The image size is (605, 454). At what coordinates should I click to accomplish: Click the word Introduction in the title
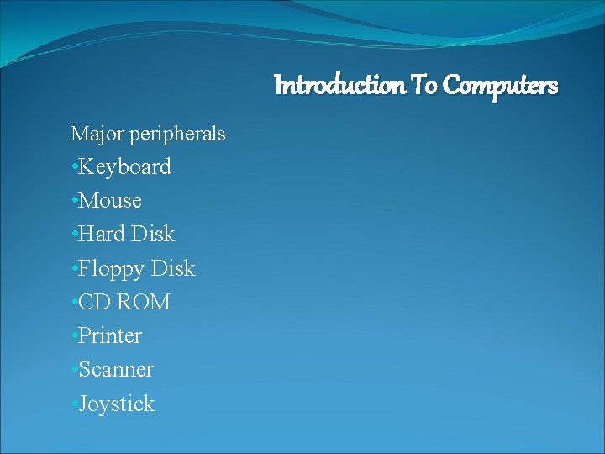[x=340, y=85]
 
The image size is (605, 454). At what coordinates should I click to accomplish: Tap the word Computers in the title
[x=500, y=85]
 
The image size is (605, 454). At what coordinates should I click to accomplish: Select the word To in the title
[x=423, y=85]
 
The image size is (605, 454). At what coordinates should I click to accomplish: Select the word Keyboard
[x=125, y=166]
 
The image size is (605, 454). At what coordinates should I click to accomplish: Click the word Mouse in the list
[x=111, y=201]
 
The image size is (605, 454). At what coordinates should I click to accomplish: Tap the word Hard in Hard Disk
[x=103, y=234]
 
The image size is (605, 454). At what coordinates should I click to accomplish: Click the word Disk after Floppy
[x=173, y=268]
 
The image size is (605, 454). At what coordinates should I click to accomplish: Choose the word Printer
[x=111, y=335]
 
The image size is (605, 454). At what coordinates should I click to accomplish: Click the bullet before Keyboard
[x=75, y=166]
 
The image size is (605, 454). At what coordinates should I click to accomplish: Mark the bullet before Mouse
[x=75, y=201]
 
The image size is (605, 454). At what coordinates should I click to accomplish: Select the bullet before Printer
[x=75, y=335]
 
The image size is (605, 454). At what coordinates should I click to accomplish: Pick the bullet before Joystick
[x=75, y=404]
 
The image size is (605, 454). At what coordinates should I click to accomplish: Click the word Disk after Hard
[x=153, y=234]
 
